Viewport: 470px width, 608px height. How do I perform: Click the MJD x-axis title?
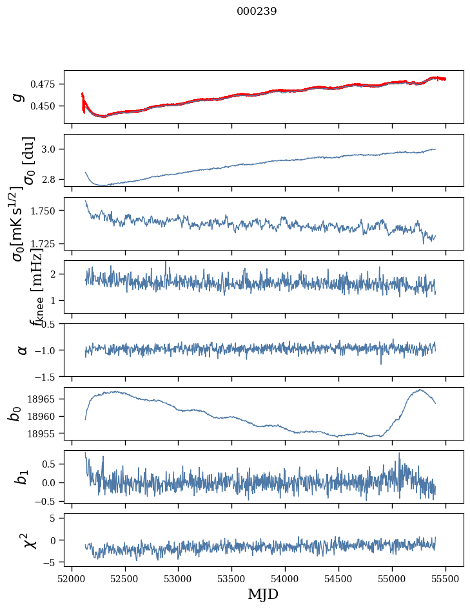[x=263, y=594]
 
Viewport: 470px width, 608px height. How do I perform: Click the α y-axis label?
[x=23, y=350]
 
